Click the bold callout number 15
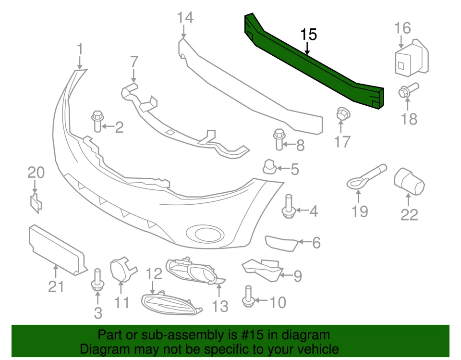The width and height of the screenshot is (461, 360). pos(309,34)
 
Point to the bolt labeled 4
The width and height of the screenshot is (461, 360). pos(289,206)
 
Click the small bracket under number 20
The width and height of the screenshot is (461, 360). pos(36,203)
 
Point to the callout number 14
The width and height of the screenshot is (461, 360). pos(184,18)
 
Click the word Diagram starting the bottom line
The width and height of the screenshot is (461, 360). pos(104,349)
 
